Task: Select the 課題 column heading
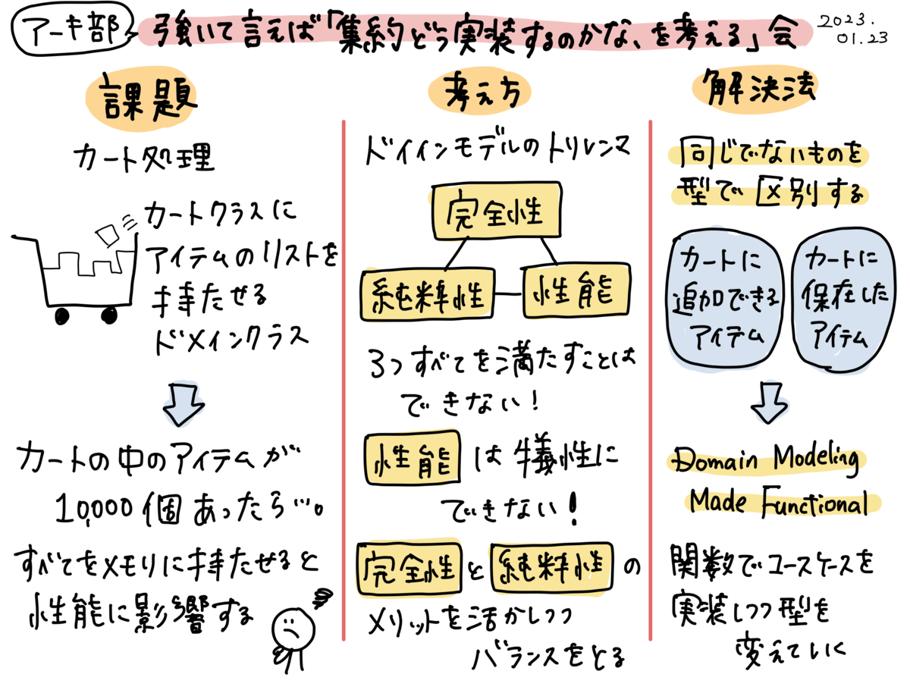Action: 142,99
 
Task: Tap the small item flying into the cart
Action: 107,233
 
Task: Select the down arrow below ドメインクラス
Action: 182,403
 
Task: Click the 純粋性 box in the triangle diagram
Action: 427,293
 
